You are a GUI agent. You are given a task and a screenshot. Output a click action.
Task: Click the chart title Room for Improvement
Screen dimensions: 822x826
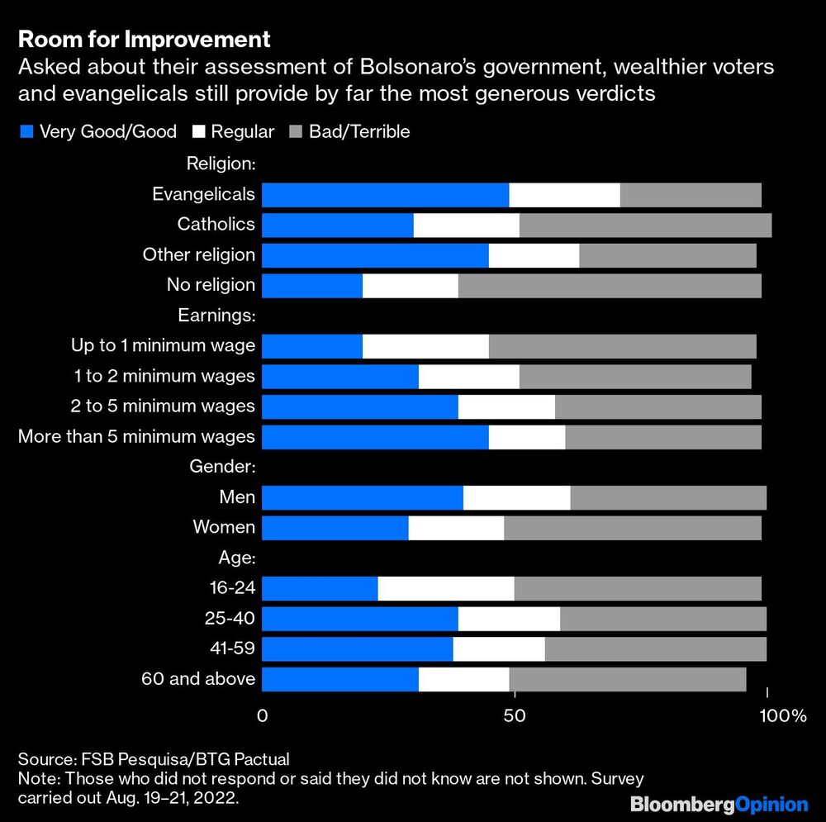[145, 39]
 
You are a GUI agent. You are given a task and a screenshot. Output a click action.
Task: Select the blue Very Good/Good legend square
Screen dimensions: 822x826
[25, 131]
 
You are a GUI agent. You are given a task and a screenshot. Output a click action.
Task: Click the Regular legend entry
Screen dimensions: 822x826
[234, 131]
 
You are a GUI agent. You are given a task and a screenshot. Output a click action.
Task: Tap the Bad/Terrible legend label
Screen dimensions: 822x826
[358, 131]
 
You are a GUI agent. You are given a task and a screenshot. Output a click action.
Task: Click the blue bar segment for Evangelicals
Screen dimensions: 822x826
[385, 195]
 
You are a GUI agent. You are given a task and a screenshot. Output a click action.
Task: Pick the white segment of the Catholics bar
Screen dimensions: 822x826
[466, 225]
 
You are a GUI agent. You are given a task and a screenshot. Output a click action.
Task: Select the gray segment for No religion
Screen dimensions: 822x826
[609, 285]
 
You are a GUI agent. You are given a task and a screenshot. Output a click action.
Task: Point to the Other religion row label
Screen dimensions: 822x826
[198, 254]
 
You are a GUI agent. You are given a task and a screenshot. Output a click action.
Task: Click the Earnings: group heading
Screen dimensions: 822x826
[217, 315]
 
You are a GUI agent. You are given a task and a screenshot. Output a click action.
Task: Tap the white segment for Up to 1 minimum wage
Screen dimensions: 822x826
[425, 345]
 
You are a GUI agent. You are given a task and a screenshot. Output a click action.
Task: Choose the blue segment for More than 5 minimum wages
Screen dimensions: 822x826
[375, 436]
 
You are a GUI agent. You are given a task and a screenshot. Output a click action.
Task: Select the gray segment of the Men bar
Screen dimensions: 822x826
[668, 497]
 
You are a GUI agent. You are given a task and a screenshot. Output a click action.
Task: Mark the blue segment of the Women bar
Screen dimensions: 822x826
[335, 527]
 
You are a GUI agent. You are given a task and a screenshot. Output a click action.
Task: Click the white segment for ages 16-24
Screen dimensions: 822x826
[445, 588]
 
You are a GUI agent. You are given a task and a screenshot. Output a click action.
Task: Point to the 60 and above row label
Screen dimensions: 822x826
[198, 679]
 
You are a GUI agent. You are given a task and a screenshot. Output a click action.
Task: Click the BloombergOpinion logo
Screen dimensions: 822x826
[719, 803]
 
